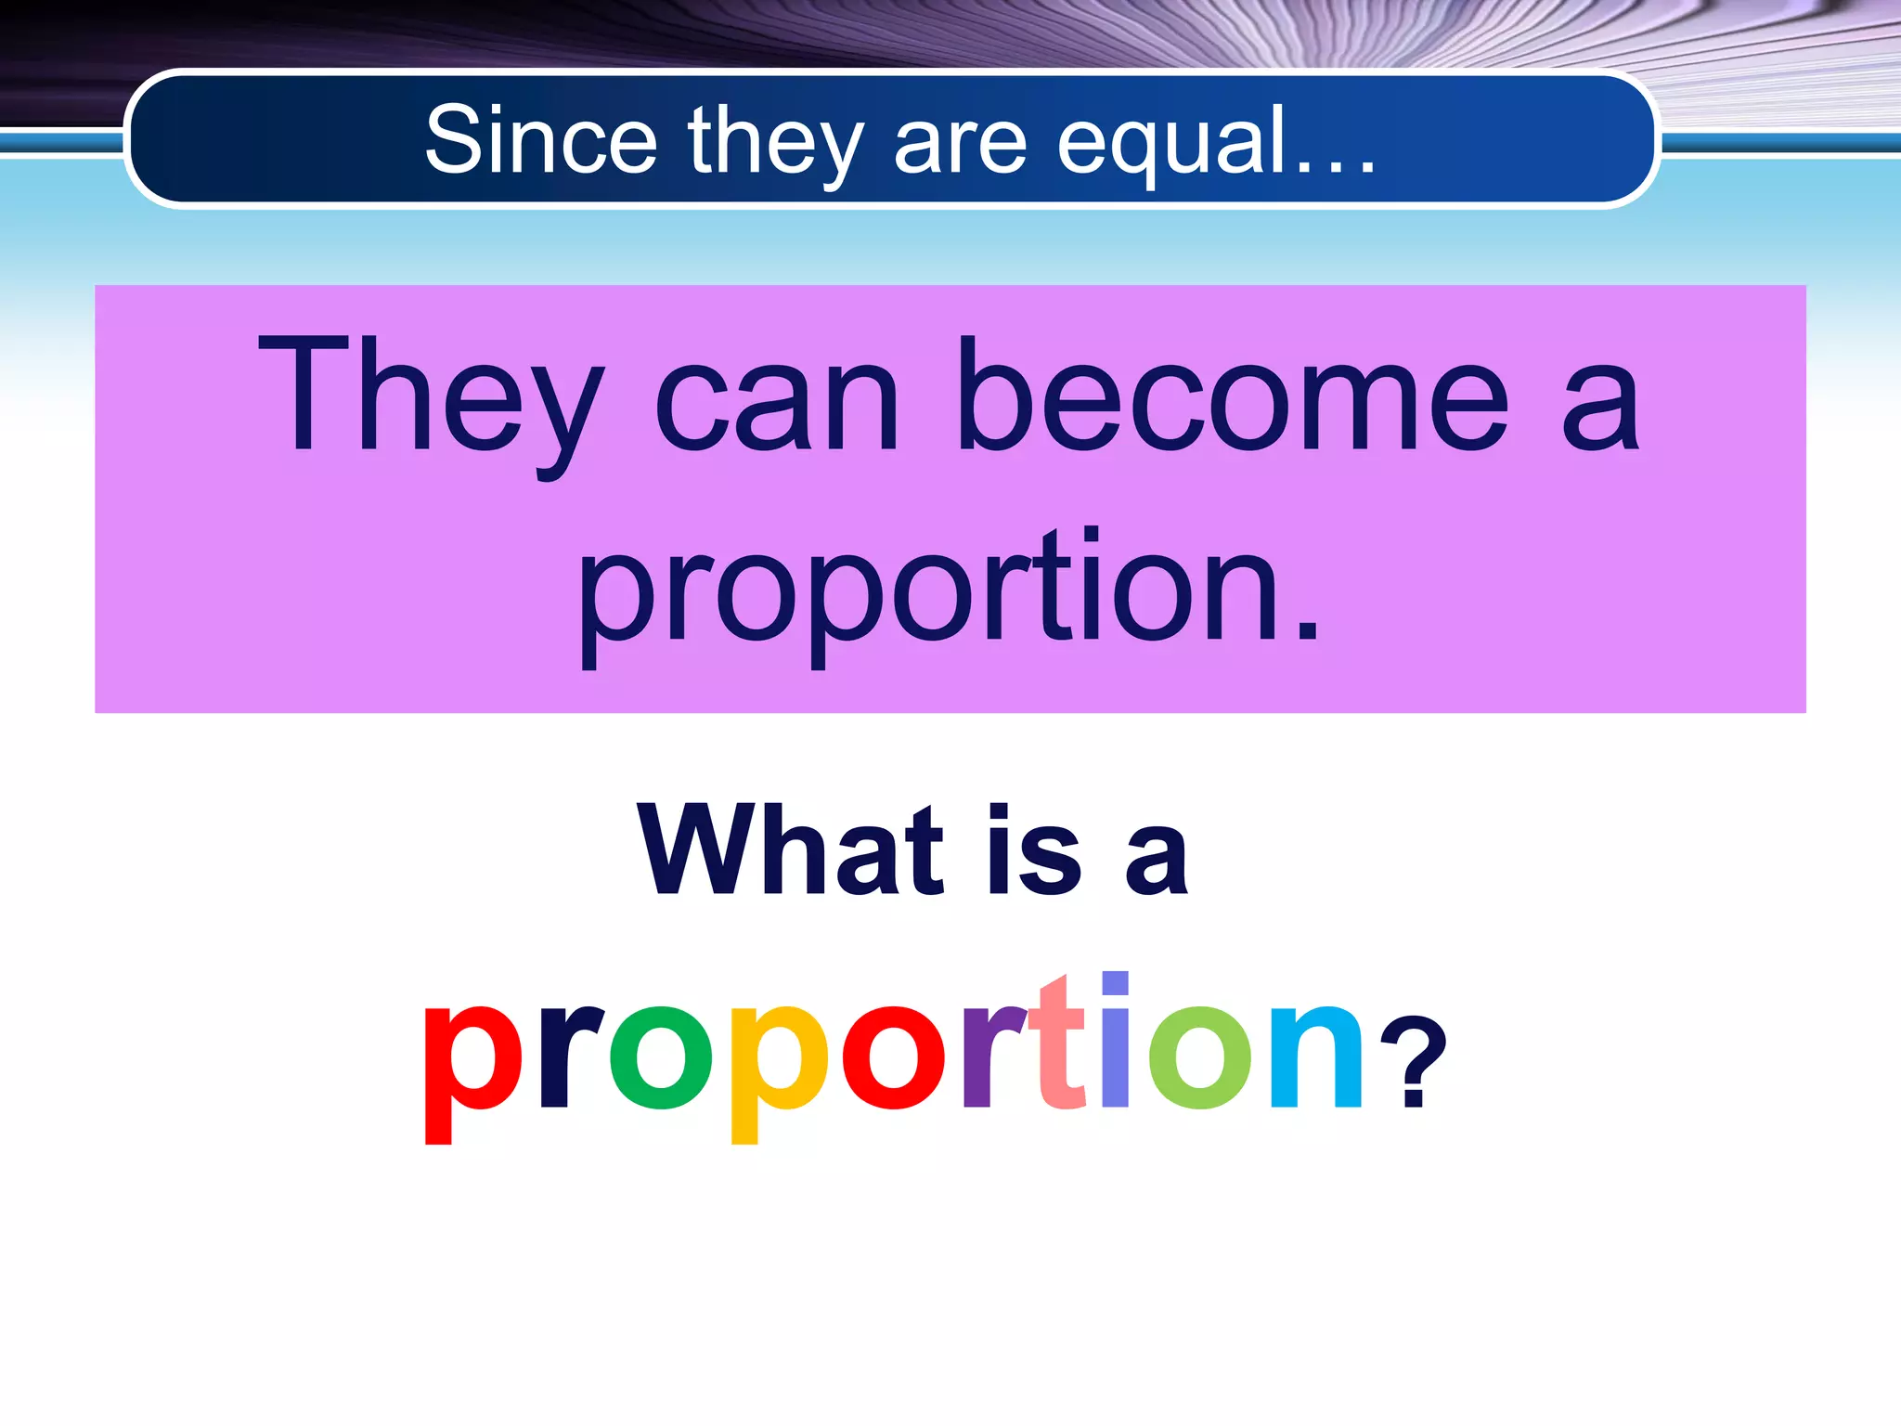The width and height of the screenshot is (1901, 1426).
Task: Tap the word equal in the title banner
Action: (x=1173, y=141)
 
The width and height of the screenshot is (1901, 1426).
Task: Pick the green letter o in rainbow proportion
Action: (x=660, y=1058)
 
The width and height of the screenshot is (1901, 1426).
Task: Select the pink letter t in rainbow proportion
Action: (x=1060, y=1044)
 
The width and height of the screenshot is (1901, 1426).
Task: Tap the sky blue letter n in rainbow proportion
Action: (x=1316, y=1058)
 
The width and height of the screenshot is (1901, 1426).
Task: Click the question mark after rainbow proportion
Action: (x=1413, y=1063)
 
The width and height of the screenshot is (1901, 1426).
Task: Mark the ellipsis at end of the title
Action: (x=1335, y=167)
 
